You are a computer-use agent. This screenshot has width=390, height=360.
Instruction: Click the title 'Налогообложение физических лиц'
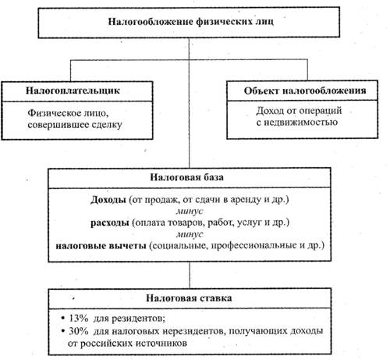(190, 21)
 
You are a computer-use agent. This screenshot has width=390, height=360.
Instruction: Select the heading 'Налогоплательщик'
(73, 91)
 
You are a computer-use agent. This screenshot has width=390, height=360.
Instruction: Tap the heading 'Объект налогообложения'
(305, 91)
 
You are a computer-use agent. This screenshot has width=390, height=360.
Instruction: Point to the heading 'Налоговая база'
(186, 177)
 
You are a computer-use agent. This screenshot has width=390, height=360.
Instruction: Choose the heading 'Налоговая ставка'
(189, 298)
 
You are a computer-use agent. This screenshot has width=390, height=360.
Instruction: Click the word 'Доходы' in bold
(108, 200)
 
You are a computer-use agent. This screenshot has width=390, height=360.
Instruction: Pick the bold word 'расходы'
(110, 223)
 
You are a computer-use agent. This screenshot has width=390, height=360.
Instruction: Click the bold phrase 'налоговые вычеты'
(101, 246)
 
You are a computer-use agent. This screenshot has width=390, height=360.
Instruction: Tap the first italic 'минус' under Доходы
(190, 212)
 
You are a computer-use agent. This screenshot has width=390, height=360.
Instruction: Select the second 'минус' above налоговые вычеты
(190, 234)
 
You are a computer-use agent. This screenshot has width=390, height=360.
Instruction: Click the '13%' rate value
(78, 319)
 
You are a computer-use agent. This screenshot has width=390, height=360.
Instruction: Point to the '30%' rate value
(78, 331)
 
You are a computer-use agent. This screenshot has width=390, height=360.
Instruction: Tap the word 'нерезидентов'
(194, 332)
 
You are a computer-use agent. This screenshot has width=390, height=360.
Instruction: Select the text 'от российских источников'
(127, 344)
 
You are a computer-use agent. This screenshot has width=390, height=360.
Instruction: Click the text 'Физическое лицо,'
(68, 113)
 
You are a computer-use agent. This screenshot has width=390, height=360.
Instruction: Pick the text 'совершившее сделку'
(75, 125)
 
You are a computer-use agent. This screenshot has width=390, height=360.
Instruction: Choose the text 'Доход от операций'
(299, 111)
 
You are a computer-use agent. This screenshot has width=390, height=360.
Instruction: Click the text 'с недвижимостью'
(297, 123)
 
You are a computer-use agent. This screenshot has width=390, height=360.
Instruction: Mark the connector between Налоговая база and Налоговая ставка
(190, 275)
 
